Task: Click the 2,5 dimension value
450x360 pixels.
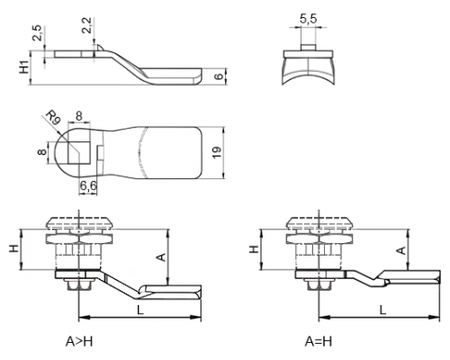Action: [x=38, y=33]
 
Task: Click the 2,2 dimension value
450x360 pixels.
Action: [x=86, y=25]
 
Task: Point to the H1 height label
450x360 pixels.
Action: [x=24, y=67]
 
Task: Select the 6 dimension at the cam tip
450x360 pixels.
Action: [x=220, y=76]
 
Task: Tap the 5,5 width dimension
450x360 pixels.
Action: [x=308, y=19]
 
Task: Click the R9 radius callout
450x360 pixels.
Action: [x=54, y=117]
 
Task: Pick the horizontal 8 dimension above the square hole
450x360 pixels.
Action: [x=79, y=116]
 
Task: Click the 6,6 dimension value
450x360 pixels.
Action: [x=88, y=186]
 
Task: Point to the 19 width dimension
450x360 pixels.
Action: [x=218, y=152]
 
